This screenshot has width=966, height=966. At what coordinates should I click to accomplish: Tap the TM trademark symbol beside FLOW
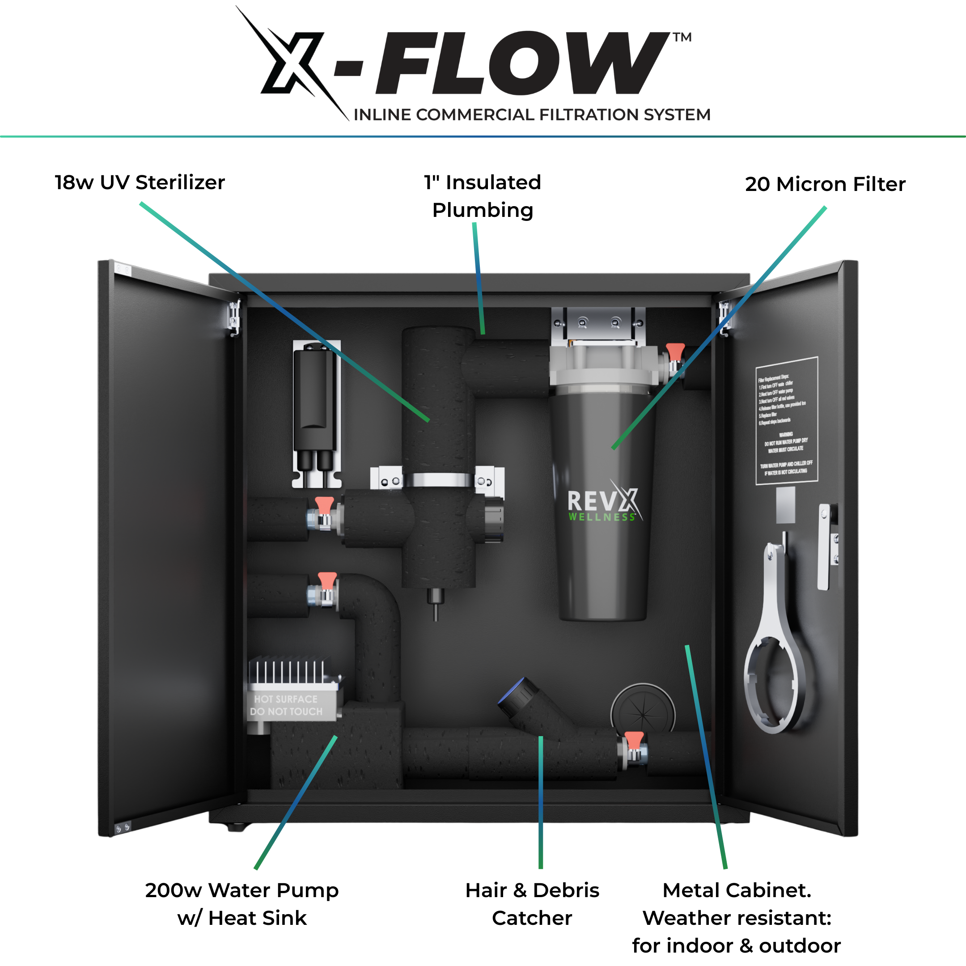682,38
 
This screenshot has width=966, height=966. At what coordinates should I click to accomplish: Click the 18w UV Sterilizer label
140,182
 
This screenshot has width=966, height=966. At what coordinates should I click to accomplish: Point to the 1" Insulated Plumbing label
483,196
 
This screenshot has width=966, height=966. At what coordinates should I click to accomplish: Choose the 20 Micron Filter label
825,184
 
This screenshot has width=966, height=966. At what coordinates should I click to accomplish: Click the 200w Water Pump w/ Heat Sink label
242,903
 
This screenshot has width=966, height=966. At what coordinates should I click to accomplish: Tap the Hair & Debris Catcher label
532,903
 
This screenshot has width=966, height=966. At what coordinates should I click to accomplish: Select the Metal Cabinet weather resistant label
737,918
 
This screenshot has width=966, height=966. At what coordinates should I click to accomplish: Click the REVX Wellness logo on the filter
602,504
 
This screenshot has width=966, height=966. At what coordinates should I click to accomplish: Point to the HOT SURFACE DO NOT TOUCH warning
287,705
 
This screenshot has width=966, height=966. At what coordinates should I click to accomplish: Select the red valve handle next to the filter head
675,351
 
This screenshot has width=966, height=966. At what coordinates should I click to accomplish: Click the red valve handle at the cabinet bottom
634,739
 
